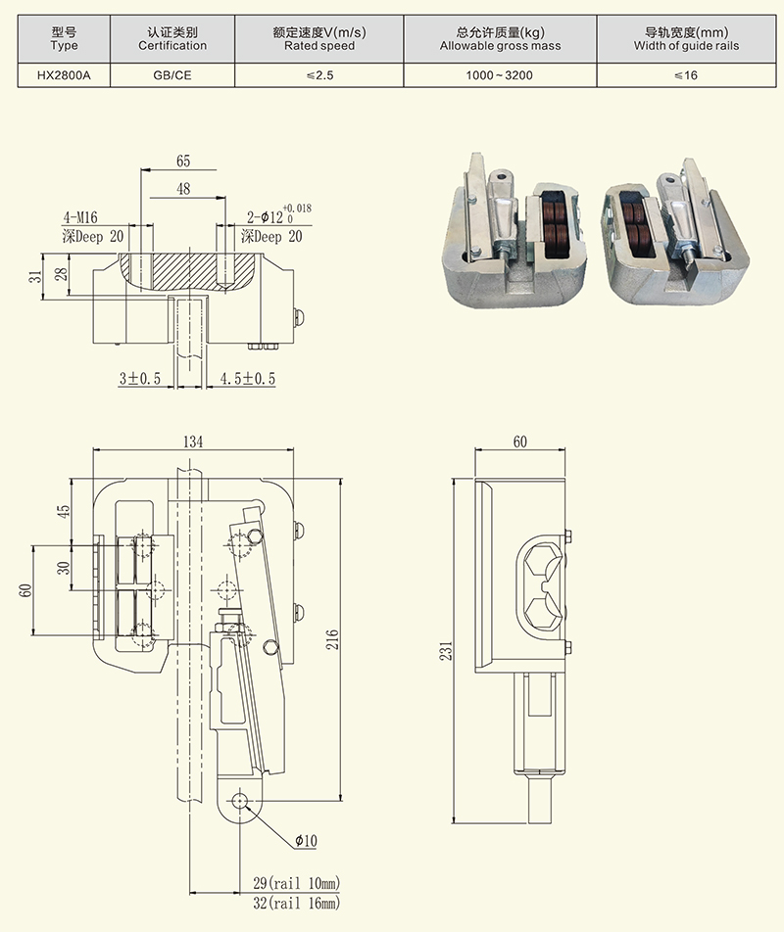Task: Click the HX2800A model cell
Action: pos(64,74)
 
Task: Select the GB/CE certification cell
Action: pos(172,74)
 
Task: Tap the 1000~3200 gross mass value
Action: pos(500,74)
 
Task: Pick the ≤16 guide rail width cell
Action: pos(686,74)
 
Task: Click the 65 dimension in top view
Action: pos(184,162)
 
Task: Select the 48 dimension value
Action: pos(184,189)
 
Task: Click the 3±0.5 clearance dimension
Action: pos(140,378)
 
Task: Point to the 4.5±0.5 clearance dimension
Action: pos(248,378)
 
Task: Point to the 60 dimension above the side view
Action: pos(519,443)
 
